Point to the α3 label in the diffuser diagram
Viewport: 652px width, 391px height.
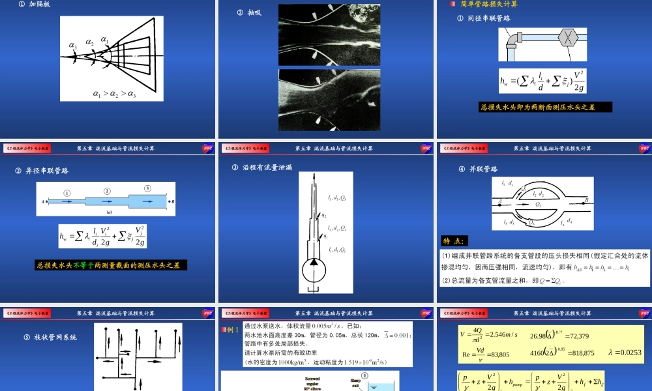coord(73,46)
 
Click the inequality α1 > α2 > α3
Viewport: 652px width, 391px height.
coord(114,94)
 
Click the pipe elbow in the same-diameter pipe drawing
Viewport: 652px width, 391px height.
coord(512,43)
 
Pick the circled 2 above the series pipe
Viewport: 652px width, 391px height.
coord(108,192)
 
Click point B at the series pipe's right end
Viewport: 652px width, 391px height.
coord(172,202)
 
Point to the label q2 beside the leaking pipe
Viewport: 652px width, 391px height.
coord(324,215)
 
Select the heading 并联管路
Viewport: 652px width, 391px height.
coord(482,169)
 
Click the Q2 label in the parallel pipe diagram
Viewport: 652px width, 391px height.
coord(538,205)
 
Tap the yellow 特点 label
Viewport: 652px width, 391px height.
coord(454,240)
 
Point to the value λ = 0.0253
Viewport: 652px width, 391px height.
coord(625,353)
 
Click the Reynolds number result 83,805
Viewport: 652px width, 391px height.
coord(497,353)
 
